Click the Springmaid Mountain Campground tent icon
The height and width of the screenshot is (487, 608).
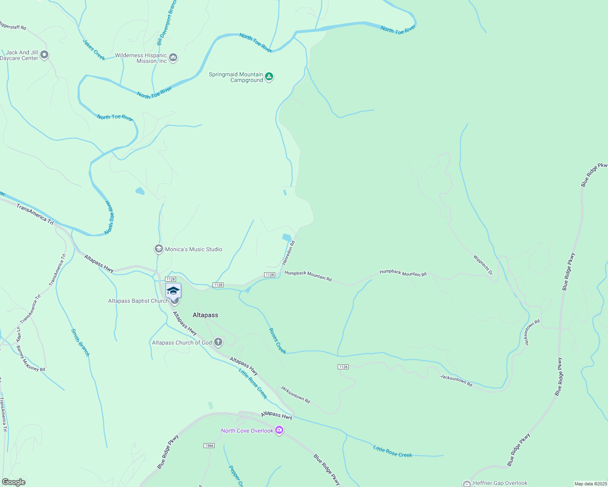[x=269, y=76]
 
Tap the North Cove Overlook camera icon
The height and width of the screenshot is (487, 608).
[x=279, y=430]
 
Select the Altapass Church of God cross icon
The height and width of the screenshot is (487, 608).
[x=218, y=342]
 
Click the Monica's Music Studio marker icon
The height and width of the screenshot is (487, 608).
[x=159, y=249]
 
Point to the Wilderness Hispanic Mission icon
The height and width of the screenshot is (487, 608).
[x=174, y=58]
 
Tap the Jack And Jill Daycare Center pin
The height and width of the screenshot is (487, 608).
[x=44, y=54]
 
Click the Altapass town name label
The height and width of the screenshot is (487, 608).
[x=205, y=315]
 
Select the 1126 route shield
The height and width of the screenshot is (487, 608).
[x=343, y=367]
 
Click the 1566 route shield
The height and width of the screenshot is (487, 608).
[x=209, y=446]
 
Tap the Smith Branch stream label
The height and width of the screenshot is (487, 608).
[x=80, y=343]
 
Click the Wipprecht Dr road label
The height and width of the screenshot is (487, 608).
[x=483, y=265]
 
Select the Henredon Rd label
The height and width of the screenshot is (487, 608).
[x=288, y=252]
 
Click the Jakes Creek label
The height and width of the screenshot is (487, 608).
[x=94, y=50]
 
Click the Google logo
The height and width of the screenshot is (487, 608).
[x=13, y=482]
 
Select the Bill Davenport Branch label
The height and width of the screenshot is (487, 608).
[x=167, y=22]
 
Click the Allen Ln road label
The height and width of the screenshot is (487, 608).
[x=18, y=334]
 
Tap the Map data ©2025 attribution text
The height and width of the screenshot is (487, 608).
[x=591, y=484]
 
